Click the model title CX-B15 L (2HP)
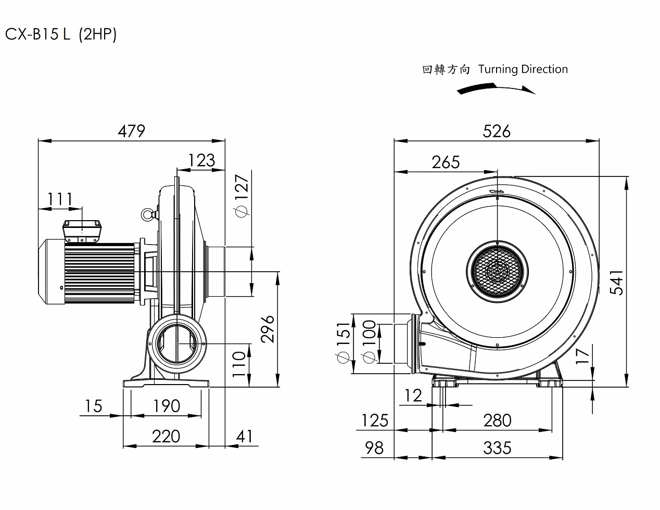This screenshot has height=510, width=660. pos(61,34)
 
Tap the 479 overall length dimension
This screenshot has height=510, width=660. pos(131,131)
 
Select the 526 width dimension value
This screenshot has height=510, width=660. pos(497,131)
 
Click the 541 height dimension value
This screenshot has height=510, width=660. pos(617,282)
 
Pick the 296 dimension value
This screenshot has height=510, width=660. pos(268,328)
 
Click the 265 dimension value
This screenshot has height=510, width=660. pos(446,162)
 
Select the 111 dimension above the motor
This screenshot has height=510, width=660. pos(60,199)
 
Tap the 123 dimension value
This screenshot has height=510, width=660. pos(201,160)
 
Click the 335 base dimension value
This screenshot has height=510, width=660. pos(497,448)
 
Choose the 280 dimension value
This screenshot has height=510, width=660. pos(497,420)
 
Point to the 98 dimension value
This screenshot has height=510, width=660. pos(374,448)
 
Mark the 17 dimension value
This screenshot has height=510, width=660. pos(583,355)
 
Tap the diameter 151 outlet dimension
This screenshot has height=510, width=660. pos(344,343)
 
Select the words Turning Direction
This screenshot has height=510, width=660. pos(523,69)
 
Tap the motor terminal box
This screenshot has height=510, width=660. pos(81,230)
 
